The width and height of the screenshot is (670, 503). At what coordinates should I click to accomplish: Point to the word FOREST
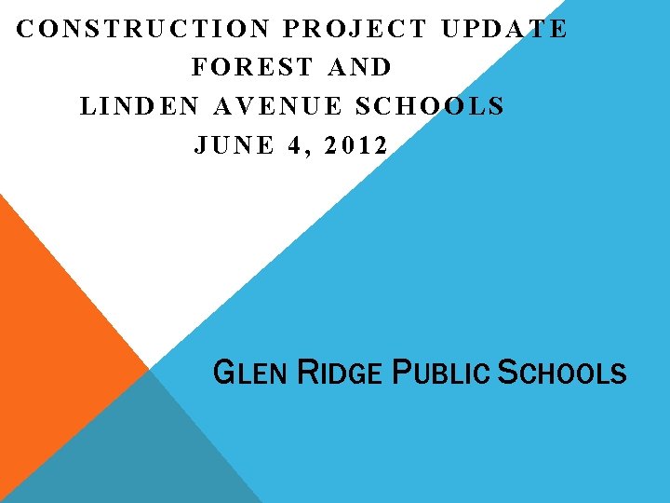251,67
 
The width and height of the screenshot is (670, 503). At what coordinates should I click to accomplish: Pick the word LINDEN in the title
140,106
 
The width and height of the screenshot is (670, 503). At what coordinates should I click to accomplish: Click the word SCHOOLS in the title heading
430,106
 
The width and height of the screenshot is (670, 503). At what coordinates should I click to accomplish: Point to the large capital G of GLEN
223,374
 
